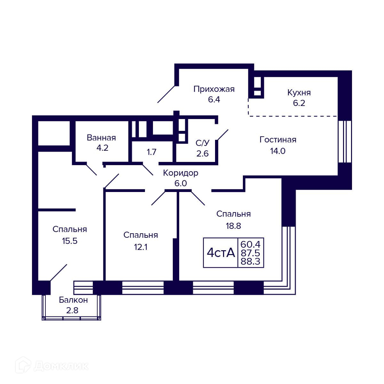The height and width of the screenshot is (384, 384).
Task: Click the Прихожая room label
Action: coord(214,89)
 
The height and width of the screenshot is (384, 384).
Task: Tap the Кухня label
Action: coord(299,93)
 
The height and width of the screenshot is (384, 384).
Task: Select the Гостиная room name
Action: coord(278,140)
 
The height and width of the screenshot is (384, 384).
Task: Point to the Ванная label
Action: coord(101,138)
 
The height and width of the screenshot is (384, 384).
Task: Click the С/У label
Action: coord(203,143)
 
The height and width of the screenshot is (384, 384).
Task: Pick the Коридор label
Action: coord(180,173)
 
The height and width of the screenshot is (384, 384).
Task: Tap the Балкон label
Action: coord(73,300)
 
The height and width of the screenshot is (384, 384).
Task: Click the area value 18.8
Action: coord(233,226)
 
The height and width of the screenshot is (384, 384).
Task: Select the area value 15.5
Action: coord(70,241)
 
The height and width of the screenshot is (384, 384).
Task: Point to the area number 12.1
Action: coord(141,247)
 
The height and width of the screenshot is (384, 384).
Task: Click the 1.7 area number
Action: coord(152,152)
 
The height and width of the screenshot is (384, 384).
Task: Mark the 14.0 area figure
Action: coord(278,151)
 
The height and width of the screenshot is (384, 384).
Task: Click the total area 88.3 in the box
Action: coord(251,261)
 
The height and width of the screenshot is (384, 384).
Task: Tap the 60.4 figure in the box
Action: coord(251,244)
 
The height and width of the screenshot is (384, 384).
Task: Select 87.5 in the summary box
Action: coord(251,253)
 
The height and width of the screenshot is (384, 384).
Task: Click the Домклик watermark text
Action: coord(61,366)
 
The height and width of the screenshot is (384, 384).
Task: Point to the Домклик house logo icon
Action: coord(23,365)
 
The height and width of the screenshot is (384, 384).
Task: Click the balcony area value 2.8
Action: coord(72,310)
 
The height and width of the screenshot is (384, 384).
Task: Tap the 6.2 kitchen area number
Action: coord(299,103)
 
